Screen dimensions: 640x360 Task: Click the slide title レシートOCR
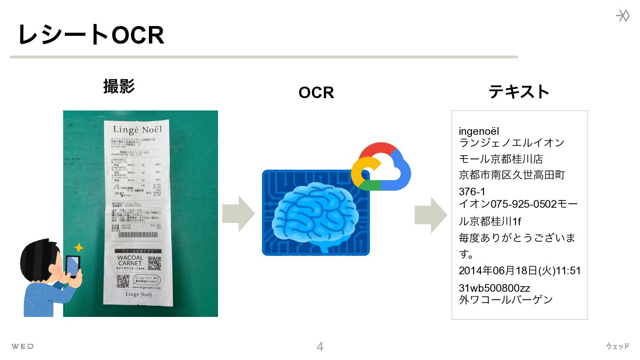point(91,35)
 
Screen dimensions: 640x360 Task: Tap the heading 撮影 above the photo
point(119,86)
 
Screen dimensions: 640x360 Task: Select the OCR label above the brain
point(316,93)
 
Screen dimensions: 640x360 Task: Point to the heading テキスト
point(519,92)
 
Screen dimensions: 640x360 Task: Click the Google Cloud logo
point(381,168)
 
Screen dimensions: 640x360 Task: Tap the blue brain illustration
point(315,215)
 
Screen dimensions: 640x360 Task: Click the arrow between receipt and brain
point(238,214)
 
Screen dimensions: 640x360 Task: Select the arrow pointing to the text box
point(431,215)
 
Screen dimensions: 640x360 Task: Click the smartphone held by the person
point(73,266)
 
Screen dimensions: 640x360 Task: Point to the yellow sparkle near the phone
point(79,248)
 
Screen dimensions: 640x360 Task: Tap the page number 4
point(320,346)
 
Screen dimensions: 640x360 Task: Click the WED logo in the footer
point(22,346)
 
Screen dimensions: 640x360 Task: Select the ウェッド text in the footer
point(617,346)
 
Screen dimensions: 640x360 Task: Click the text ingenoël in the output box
point(479,131)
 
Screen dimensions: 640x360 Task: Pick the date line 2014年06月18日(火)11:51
point(520,270)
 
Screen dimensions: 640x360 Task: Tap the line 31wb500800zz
point(495,288)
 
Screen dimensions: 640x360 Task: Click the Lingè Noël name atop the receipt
point(137,129)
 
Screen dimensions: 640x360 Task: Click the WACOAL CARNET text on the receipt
point(130,260)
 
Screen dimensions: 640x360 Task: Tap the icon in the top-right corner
point(623,16)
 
